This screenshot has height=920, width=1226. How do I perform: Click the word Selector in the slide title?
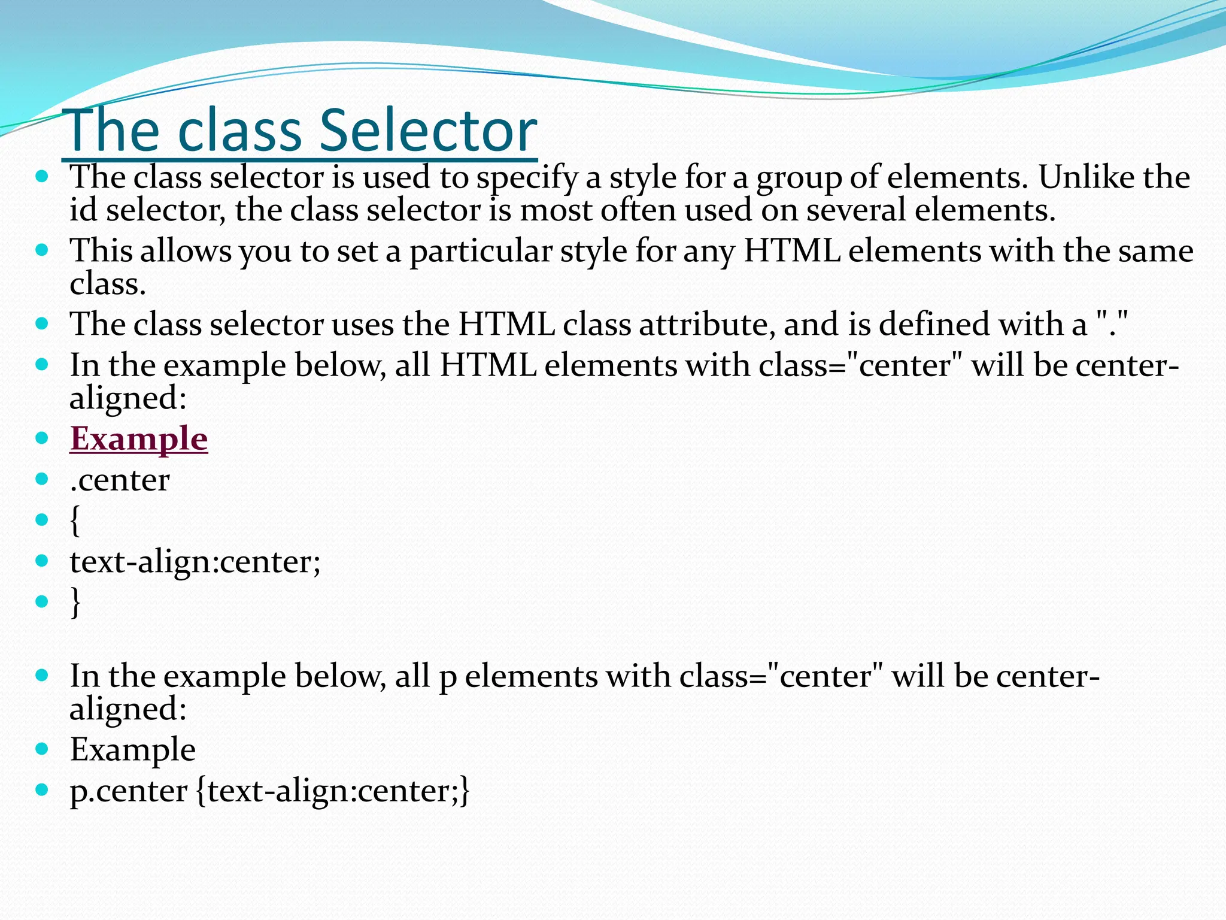tap(428, 131)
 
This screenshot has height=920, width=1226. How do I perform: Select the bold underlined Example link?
tap(139, 438)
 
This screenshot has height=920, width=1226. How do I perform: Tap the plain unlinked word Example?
tap(133, 749)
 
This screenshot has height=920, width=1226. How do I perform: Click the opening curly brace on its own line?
tap(75, 520)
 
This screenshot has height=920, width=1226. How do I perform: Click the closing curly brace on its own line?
tap(75, 602)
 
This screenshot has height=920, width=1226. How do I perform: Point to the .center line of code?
tap(120, 480)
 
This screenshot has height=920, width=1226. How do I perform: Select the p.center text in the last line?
tap(128, 791)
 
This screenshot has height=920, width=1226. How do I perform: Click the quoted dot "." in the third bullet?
tap(1113, 324)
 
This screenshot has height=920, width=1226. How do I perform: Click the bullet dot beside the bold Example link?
tap(41, 438)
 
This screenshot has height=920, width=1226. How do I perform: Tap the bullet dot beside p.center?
tap(41, 790)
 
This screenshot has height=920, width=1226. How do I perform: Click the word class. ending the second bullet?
tap(108, 283)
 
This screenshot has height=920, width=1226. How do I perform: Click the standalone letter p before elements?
tap(448, 677)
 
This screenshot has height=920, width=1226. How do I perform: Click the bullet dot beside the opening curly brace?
tap(41, 519)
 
